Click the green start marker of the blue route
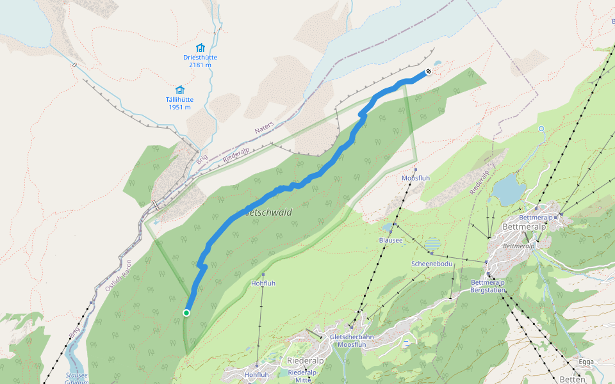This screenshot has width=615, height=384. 186,313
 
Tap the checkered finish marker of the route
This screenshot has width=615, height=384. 428,72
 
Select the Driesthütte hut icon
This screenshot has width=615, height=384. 200,47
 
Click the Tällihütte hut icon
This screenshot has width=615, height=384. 179,90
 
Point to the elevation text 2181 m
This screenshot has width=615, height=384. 200,65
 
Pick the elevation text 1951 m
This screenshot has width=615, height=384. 179,107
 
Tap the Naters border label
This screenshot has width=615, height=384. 263,129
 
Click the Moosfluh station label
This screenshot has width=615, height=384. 415,178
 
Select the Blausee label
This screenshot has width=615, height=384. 391,240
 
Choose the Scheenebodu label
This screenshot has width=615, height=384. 432,264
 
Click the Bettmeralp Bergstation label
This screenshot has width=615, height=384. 488,286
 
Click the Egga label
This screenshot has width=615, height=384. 586,362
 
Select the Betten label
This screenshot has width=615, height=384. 572,379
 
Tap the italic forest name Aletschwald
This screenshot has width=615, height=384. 268,212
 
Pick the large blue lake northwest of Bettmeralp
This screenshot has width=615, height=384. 509,189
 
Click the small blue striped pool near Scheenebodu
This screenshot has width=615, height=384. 433,244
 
